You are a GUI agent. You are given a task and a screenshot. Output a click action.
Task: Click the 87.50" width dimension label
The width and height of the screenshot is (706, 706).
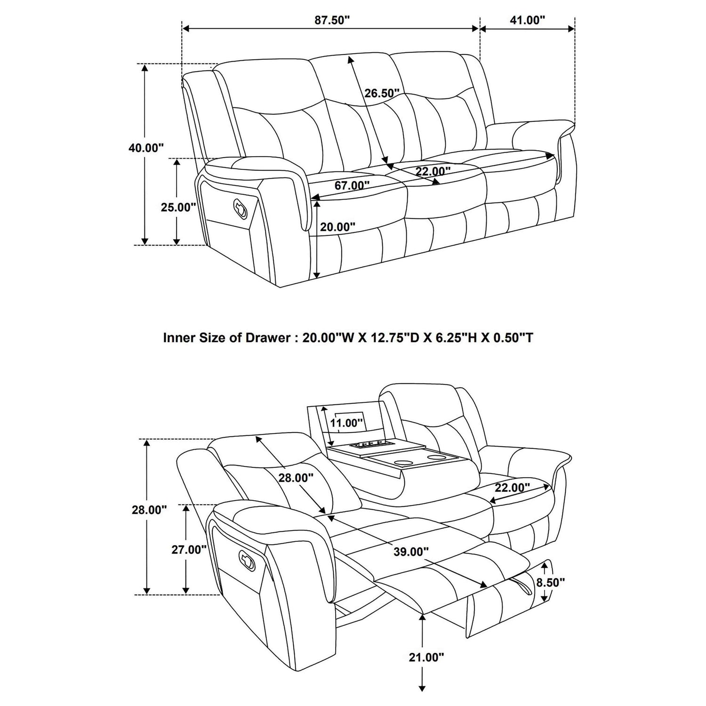(332, 20)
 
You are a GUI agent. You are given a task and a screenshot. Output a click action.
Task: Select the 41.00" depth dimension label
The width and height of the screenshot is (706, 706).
(527, 20)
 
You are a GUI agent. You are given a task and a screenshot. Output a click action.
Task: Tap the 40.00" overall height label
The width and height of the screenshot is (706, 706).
(146, 148)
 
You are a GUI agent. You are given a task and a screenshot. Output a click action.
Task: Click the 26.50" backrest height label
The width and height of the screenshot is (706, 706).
(382, 93)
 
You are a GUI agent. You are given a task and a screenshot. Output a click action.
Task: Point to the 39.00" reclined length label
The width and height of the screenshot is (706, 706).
(411, 551)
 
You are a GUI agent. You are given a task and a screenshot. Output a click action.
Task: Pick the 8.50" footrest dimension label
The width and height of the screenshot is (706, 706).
(550, 582)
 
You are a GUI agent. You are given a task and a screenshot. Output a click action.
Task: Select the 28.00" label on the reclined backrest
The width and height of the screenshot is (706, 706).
(296, 478)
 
